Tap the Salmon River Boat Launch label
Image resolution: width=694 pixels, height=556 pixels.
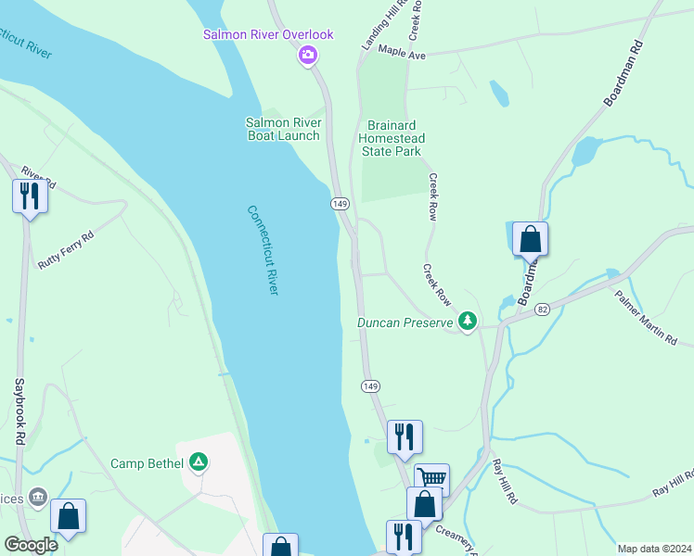[283, 129]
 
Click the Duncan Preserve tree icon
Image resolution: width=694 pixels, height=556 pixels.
[469, 322]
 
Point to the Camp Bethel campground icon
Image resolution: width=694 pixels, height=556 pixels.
[198, 461]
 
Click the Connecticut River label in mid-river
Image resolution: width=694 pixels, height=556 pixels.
[263, 249]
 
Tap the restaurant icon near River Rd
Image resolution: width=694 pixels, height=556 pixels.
[30, 196]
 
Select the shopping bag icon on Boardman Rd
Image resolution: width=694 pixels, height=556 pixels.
[530, 239]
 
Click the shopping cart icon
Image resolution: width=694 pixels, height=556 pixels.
[431, 479]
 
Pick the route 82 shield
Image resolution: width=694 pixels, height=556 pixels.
[543, 307]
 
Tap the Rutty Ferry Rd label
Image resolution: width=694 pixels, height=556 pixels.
[67, 250]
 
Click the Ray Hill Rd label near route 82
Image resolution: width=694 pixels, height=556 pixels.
[504, 482]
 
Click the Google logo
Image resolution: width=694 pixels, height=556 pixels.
[30, 545]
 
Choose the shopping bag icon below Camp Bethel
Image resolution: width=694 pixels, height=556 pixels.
[68, 517]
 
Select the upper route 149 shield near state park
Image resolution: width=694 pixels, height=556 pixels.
[339, 203]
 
